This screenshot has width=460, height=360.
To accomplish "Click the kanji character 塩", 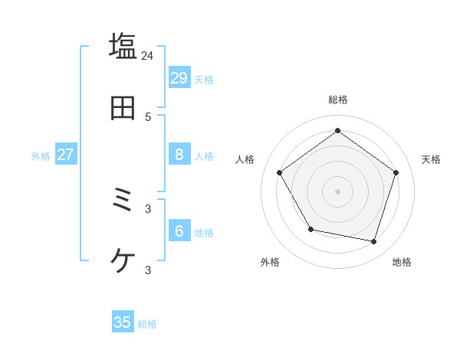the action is (123, 46).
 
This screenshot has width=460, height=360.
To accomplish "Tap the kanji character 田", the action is (123, 108).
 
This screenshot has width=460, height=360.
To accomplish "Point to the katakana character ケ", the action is (123, 261).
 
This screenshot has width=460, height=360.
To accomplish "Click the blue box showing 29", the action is (179, 77).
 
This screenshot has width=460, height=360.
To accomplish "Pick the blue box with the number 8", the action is (179, 154).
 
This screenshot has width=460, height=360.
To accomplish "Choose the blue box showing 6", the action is (179, 231).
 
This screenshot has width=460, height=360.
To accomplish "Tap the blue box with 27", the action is (65, 154).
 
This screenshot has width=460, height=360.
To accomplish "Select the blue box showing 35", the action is (123, 322).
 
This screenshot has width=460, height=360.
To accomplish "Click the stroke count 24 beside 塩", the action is (147, 55).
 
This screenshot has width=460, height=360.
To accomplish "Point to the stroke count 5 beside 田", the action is (148, 116).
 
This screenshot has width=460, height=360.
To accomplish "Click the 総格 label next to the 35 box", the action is (147, 324).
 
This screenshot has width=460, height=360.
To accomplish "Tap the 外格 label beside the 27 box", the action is (41, 156).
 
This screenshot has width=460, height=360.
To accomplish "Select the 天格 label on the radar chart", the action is (431, 159).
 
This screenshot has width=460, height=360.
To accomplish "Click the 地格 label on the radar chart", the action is (402, 262).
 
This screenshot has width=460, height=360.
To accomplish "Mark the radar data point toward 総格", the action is (337, 131).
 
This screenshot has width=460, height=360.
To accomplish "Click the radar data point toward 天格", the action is (396, 172).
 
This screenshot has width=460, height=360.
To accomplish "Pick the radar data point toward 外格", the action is (310, 229).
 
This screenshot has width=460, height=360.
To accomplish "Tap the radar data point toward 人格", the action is (280, 172).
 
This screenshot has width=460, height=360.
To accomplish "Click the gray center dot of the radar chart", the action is (337, 191).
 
